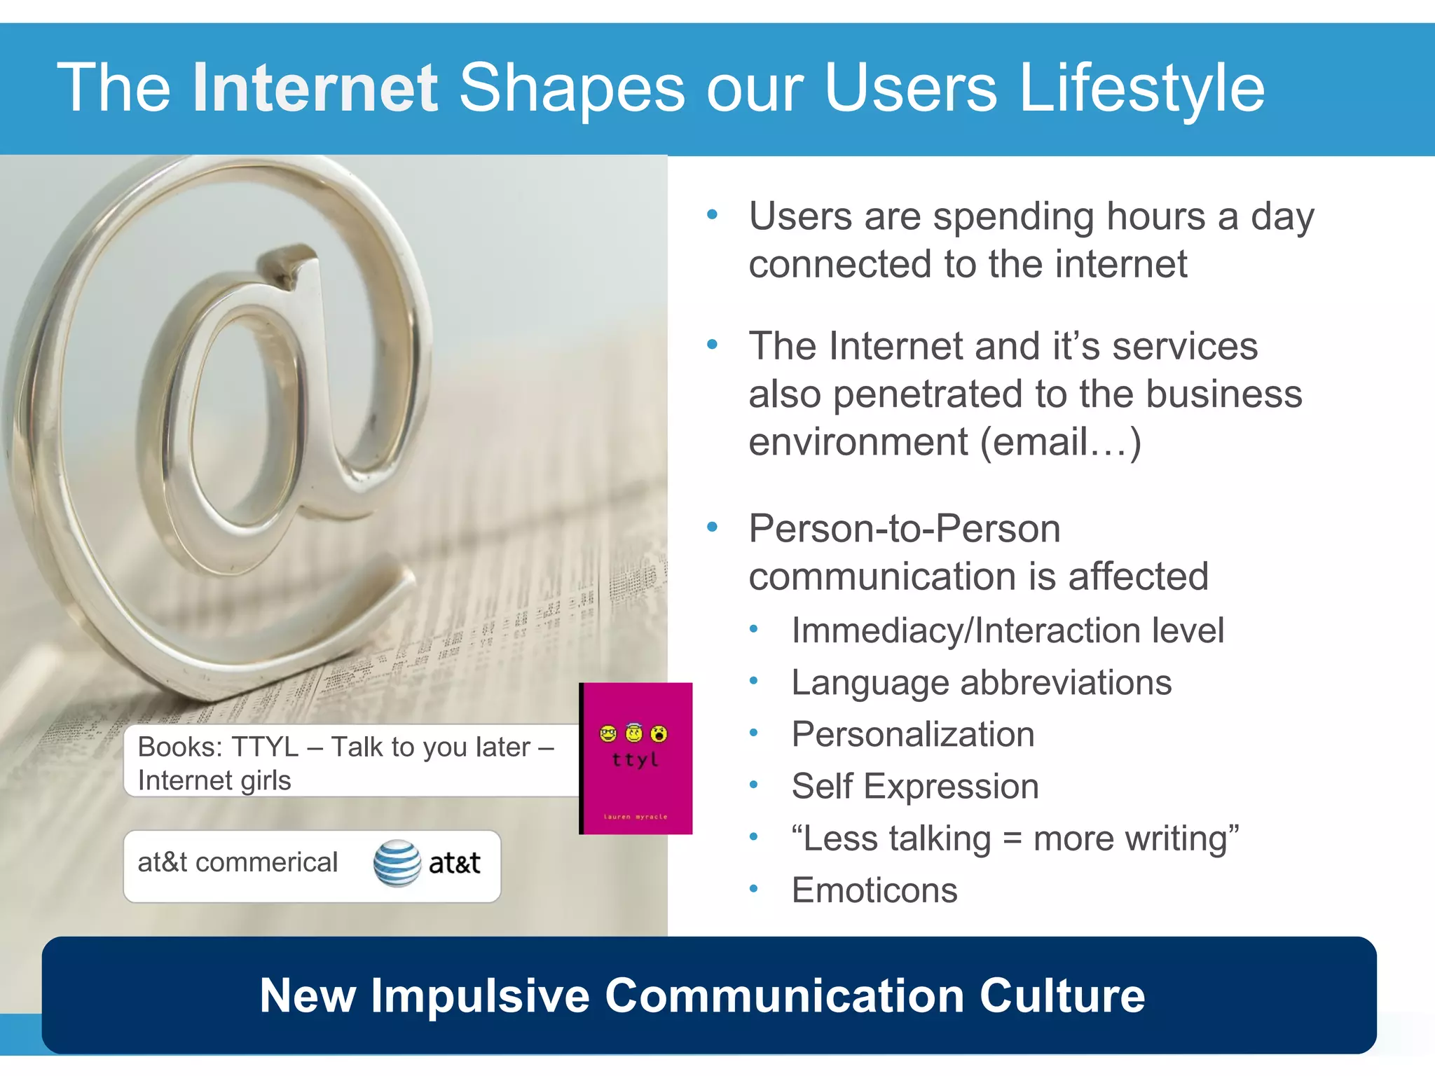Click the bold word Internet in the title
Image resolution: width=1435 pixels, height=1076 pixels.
point(315,88)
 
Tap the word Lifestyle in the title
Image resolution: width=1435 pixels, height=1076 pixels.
point(1142,88)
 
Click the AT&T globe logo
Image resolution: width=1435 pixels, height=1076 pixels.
point(397,863)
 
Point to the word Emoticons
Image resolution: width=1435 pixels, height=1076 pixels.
point(874,890)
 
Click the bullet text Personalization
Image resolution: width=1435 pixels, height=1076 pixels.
point(912,735)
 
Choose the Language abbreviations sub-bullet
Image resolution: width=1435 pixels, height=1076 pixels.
point(981,683)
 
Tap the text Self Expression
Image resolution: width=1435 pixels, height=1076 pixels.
point(914,787)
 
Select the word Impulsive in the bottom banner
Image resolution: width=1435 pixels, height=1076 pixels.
point(480,995)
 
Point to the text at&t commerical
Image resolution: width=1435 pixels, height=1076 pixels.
point(238,862)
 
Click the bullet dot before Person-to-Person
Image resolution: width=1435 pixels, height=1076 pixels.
point(713,527)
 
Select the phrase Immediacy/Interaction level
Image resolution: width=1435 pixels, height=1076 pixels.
point(1008,630)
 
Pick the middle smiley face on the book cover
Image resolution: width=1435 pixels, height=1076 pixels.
point(634,733)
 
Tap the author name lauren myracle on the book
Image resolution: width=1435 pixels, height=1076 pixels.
point(636,817)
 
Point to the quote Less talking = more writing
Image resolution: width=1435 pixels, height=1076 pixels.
point(1015,839)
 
